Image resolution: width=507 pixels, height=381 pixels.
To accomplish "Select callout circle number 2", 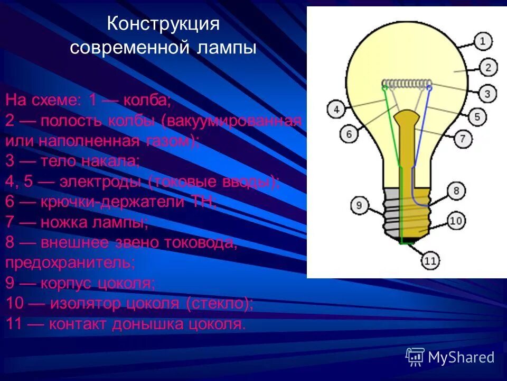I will pyautogui.click(x=487, y=67).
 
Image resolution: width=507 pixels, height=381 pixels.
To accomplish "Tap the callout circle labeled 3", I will pyautogui.click(x=487, y=94).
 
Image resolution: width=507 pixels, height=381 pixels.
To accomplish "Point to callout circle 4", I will pyautogui.click(x=336, y=109).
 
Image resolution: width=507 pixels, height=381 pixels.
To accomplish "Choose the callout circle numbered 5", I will pyautogui.click(x=477, y=116).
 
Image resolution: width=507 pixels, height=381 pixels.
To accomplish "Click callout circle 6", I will pyautogui.click(x=349, y=134).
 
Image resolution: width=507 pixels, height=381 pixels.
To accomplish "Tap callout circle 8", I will pyautogui.click(x=456, y=191).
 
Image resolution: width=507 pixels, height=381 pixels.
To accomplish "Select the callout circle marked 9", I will pyautogui.click(x=359, y=205).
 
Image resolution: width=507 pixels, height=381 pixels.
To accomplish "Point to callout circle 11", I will pyautogui.click(x=430, y=260).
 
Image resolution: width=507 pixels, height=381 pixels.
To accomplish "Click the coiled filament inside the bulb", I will pyautogui.click(x=407, y=84).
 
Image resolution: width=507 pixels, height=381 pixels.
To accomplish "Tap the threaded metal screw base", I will pyautogui.click(x=407, y=212).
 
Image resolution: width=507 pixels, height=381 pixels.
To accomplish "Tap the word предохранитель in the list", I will pyautogui.click(x=70, y=262).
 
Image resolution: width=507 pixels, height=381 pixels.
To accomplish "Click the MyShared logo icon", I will pyautogui.click(x=415, y=357).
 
